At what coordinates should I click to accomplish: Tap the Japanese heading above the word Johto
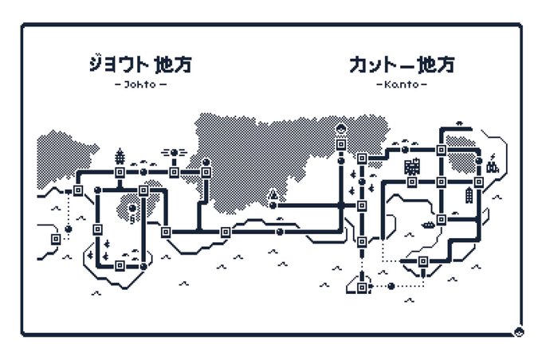[x=140, y=64]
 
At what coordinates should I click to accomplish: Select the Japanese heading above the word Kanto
[x=401, y=64]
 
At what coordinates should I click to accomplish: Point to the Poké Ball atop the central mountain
[x=340, y=129]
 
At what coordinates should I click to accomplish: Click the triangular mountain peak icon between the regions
[x=273, y=194]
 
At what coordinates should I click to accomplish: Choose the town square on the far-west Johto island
[x=56, y=238]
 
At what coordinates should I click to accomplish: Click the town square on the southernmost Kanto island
[x=362, y=287]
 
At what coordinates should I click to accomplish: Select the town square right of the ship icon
[x=441, y=218]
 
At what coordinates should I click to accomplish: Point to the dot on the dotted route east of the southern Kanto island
[x=391, y=286]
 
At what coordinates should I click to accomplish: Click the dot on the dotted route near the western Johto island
[x=68, y=229]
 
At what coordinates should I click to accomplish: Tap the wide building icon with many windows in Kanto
[x=412, y=166]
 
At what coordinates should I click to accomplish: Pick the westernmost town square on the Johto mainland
[x=79, y=190]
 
